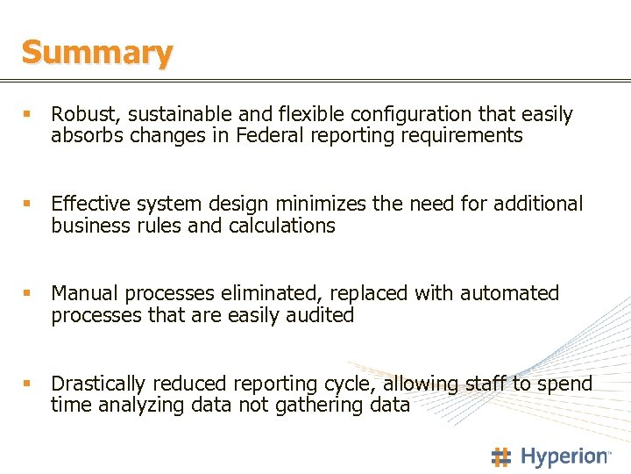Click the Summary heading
(97, 53)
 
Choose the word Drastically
(99, 384)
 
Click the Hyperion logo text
(565, 456)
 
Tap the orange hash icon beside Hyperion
(501, 456)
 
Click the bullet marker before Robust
(27, 114)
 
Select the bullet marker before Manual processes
(27, 293)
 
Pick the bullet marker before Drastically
(27, 384)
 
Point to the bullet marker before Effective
(27, 204)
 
